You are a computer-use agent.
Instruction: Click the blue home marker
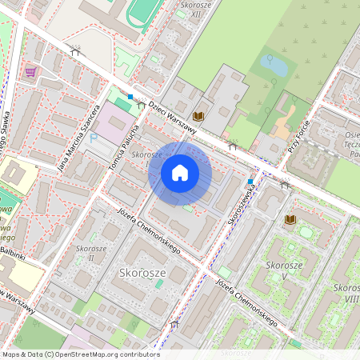tap(180, 173)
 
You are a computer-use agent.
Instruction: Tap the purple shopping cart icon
tap(30, 72)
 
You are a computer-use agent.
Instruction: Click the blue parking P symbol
tap(93, 138)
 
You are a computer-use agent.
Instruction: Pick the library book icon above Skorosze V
tap(290, 219)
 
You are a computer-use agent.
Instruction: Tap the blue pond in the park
tap(273, 64)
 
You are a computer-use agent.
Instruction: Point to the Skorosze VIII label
tap(346, 293)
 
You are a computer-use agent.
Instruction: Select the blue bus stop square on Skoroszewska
tap(250, 181)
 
